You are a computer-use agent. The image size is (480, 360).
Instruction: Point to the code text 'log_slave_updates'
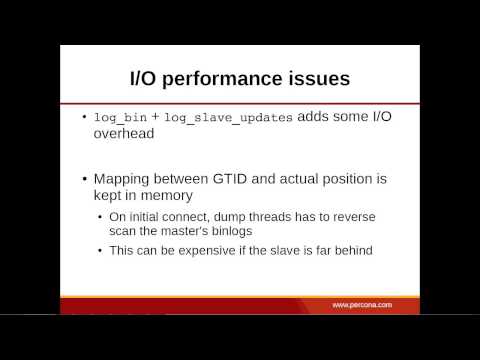(227, 117)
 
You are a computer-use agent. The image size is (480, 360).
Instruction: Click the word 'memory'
(171, 196)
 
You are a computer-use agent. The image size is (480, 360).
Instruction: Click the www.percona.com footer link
(363, 303)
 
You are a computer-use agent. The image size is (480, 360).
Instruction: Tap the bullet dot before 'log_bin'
(84, 118)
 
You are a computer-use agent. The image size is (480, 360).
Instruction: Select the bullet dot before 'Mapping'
(84, 180)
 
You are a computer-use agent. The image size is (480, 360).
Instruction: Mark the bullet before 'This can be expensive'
(101, 250)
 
